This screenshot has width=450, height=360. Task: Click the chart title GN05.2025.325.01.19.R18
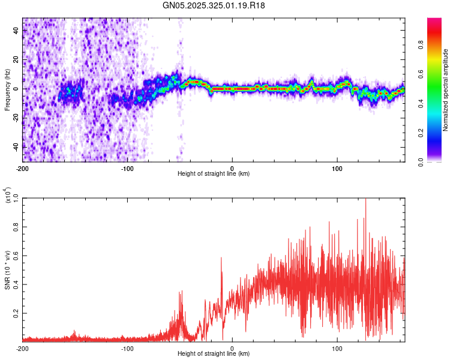pos(214,5)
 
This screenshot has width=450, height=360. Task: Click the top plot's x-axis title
pos(214,173)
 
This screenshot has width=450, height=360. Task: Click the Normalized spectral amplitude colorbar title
pos(446,91)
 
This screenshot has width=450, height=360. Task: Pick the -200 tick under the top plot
pos(23,167)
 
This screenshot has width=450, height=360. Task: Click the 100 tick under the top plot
pos(337,167)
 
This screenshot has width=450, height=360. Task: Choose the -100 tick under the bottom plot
pos(127,347)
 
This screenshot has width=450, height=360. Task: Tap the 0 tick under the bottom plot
pos(232,347)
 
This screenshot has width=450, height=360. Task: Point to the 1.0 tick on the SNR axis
pos(15,198)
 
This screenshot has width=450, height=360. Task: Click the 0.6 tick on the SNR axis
pos(15,256)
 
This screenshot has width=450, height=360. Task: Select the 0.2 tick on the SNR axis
pos(15,313)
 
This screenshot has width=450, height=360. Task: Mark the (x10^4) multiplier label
pos(7,195)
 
